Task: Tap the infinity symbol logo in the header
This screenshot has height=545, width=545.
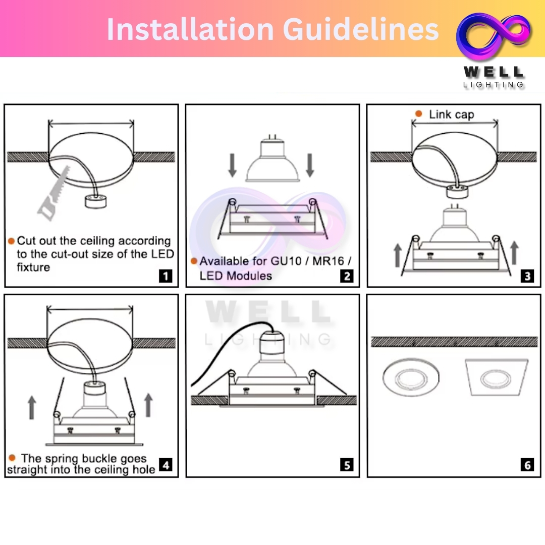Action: [x=494, y=35]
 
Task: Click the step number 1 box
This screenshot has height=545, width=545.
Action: [x=166, y=276]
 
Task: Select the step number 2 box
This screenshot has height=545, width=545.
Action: [x=347, y=276]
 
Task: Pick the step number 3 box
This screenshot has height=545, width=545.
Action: [x=527, y=276]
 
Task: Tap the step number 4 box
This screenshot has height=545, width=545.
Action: [x=166, y=465]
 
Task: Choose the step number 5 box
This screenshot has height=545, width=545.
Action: [x=347, y=465]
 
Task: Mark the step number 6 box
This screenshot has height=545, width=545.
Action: [x=527, y=465]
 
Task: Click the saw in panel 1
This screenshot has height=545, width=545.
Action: [x=54, y=193]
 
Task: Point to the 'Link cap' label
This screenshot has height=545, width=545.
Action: [x=451, y=115]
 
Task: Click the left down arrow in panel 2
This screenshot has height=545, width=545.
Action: [x=233, y=165]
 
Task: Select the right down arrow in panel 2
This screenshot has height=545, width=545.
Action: [x=310, y=165]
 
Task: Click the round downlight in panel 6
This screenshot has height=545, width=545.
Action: [x=411, y=377]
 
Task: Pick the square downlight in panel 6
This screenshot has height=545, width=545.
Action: [x=497, y=377]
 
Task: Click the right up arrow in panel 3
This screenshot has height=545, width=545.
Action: [x=515, y=253]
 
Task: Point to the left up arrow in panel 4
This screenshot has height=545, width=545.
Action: [x=32, y=407]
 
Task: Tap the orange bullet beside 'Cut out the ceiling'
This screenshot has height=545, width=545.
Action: [x=11, y=241]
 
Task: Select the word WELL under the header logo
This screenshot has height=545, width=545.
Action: [x=494, y=72]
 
